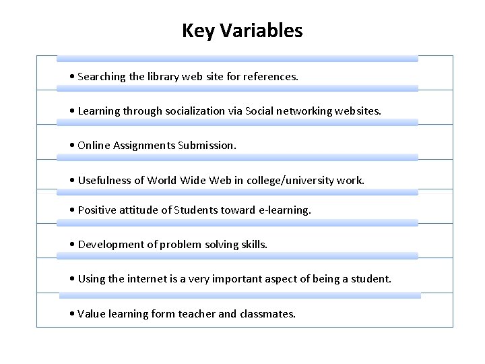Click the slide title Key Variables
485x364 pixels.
(x=243, y=31)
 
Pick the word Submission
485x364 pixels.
(x=207, y=145)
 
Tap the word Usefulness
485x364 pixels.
(x=104, y=180)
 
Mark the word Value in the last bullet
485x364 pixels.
(x=92, y=313)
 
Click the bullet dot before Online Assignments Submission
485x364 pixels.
(x=72, y=146)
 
